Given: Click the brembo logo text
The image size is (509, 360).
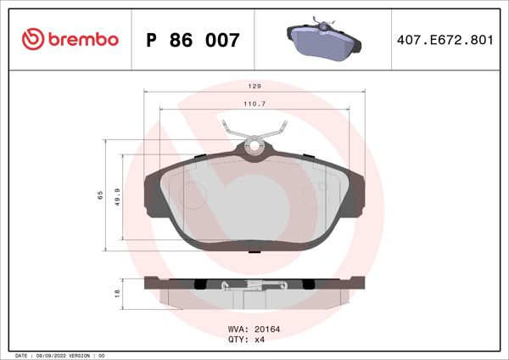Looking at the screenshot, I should click(x=82, y=39).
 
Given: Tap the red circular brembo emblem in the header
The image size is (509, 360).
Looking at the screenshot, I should click(x=31, y=39).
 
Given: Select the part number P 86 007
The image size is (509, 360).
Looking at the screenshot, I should click(x=193, y=40).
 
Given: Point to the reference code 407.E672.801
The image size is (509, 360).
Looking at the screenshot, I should click(x=445, y=40).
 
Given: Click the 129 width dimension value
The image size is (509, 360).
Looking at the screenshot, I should click(x=254, y=87).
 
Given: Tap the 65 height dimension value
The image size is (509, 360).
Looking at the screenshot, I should click(x=100, y=195).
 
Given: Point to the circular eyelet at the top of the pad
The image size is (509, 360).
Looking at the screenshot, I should click(x=254, y=146).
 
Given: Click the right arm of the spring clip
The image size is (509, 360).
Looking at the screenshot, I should click(x=276, y=133).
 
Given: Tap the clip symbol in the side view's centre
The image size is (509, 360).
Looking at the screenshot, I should click(x=225, y=286).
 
